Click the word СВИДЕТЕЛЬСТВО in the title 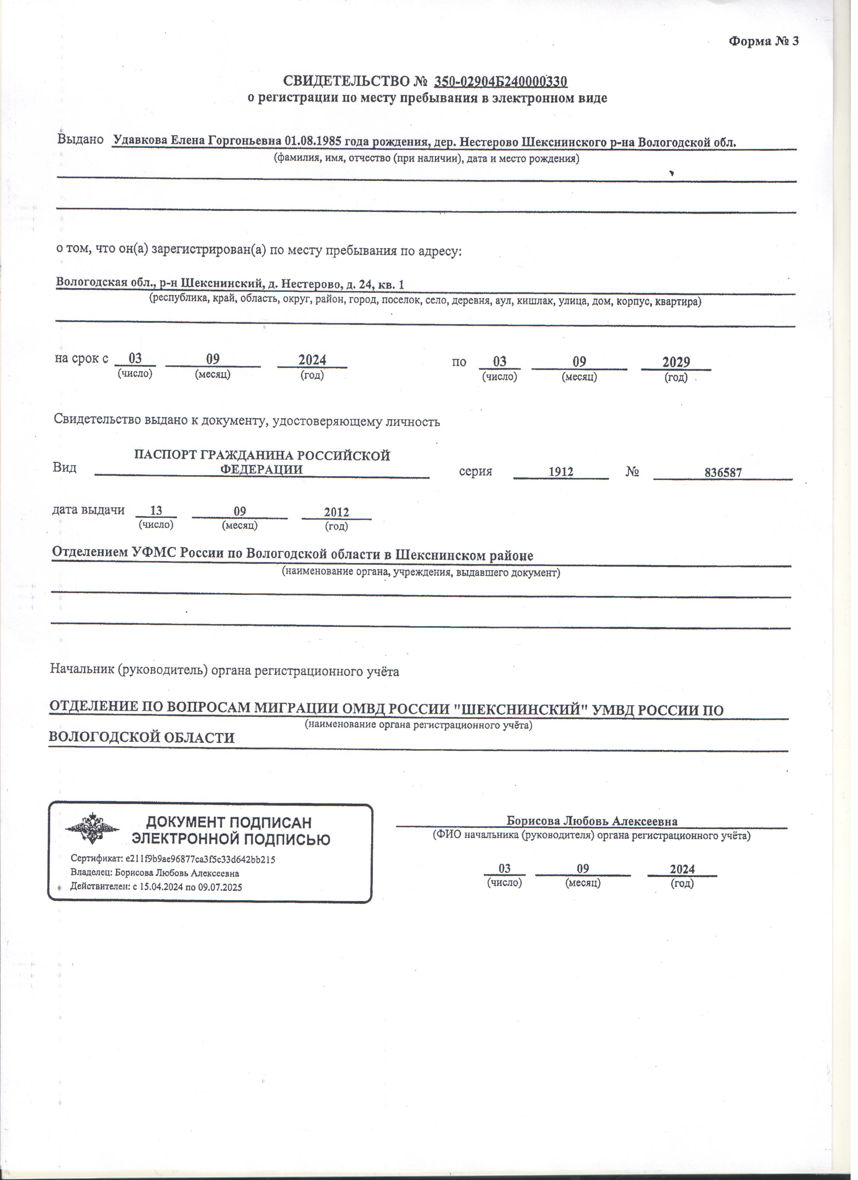click(350, 82)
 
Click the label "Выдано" click(81, 140)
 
